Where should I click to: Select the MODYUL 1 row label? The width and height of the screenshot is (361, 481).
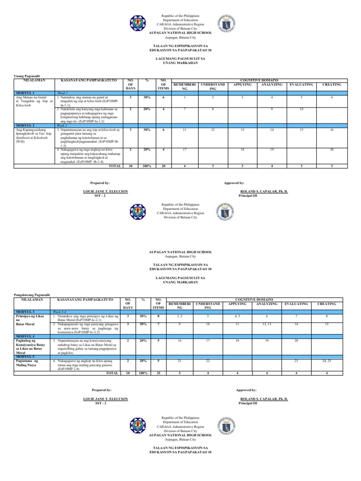[25, 93]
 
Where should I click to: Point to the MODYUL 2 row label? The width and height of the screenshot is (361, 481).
[25, 126]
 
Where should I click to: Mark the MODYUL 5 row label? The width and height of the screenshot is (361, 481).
[25, 357]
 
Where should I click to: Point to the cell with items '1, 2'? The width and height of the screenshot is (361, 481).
[181, 318]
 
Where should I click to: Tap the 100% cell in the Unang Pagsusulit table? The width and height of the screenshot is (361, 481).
[147, 166]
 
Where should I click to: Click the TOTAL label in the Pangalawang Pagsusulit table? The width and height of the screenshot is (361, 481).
[112, 372]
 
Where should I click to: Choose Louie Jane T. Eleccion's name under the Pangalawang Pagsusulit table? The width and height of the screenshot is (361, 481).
[105, 399]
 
